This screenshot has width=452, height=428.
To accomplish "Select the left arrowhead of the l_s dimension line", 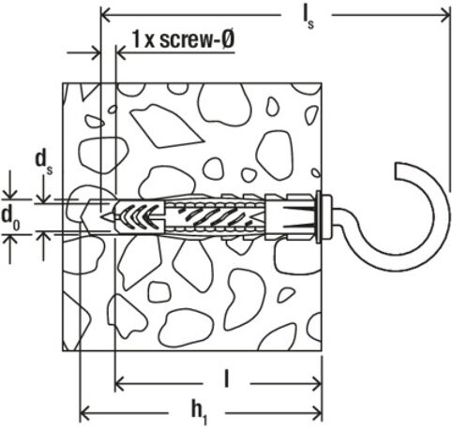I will coord(105,13).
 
